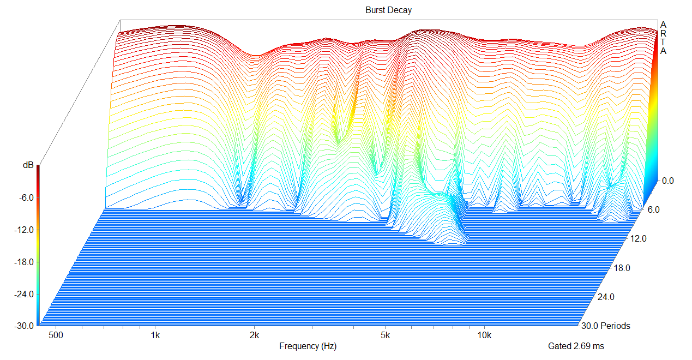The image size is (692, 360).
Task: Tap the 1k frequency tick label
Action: coord(155,334)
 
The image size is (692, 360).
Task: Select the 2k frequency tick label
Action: coord(254,334)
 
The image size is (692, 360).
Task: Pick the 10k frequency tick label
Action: coord(484,334)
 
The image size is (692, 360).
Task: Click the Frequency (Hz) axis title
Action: coord(308,346)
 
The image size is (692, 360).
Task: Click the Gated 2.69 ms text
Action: coord(576,346)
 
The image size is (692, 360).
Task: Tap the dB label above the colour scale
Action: coord(28,165)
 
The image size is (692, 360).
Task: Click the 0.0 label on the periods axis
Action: coord(668,181)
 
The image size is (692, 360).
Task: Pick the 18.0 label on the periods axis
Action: coord(622,268)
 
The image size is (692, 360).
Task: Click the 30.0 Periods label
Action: coord(606,326)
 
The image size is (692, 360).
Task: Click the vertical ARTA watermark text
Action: coord(663,38)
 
